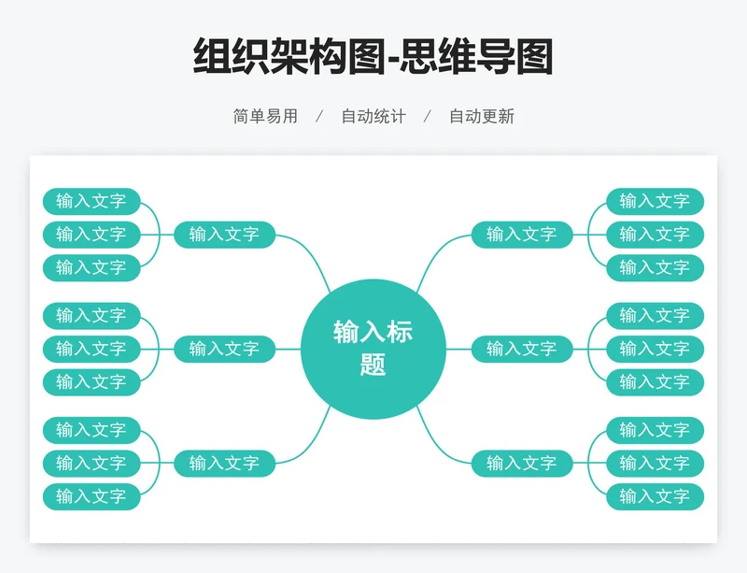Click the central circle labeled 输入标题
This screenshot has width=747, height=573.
point(373,348)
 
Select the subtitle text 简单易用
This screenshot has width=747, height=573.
point(265,117)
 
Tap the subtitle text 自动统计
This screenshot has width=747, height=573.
point(373,117)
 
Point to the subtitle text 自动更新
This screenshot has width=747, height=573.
point(482,117)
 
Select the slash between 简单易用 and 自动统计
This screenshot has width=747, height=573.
point(319,117)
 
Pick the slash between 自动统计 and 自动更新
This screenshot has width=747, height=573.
point(428,117)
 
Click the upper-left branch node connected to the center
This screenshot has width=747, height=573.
point(224,234)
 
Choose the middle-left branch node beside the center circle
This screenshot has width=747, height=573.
point(224,349)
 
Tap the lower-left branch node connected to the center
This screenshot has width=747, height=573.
point(224,463)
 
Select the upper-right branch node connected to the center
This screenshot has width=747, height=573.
point(522,234)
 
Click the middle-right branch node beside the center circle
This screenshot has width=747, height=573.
point(522,349)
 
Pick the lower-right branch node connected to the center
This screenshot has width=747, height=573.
point(522,463)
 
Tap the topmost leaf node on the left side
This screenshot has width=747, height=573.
point(92,201)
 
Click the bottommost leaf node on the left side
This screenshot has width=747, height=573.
point(92,496)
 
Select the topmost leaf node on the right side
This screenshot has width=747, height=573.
point(655,201)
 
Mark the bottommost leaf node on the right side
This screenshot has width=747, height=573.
point(655,496)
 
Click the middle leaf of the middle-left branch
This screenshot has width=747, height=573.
point(92,349)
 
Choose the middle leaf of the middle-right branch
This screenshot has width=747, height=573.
point(655,349)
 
